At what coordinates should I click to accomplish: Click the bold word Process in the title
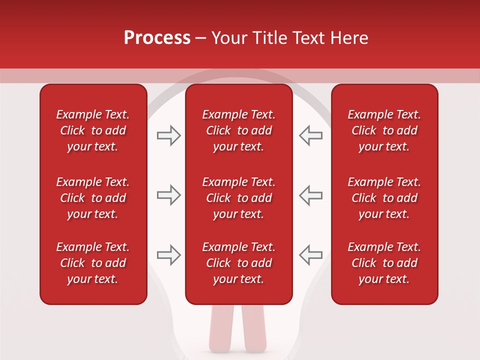[157, 38]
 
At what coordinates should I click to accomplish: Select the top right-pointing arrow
[168, 135]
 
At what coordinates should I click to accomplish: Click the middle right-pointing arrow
[168, 195]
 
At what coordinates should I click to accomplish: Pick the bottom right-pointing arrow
[168, 255]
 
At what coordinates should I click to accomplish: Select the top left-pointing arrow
[310, 135]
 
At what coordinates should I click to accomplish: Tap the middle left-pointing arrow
[310, 195]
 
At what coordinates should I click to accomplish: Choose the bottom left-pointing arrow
[310, 255]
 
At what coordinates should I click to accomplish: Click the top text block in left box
[93, 130]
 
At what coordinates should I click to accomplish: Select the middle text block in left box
[93, 198]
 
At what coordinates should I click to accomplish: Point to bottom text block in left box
[93, 263]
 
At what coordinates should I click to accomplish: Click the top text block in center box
[238, 130]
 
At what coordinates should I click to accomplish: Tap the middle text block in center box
[238, 198]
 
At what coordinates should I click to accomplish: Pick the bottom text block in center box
[238, 263]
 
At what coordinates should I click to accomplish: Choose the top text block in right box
[384, 130]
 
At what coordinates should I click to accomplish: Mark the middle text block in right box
[384, 198]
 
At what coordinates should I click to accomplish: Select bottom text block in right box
[384, 263]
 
